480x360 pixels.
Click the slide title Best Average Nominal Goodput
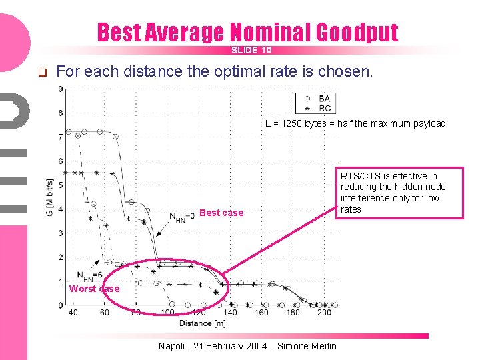pos(247,32)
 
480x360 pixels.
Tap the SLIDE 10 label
pos(251,51)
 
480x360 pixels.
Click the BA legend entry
pos(324,98)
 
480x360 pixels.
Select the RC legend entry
pos(325,108)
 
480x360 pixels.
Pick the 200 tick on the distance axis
pos(324,313)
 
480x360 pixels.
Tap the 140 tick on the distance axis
pos(229,313)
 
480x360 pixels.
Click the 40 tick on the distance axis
pos(73,313)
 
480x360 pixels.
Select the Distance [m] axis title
pos(202,323)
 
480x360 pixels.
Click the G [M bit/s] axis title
pos(49,197)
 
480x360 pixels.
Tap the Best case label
pos(221,213)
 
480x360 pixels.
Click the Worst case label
pos(94,289)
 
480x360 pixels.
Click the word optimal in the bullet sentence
pos(238,71)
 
